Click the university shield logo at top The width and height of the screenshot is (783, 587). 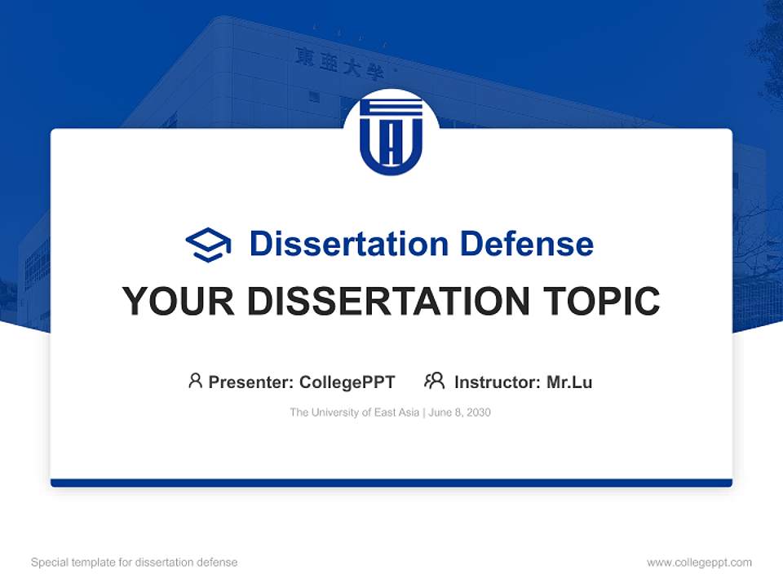tap(391, 135)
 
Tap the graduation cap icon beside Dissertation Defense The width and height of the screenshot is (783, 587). tap(208, 244)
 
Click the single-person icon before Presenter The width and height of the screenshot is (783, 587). tap(195, 381)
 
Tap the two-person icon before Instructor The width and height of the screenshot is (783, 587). tap(434, 381)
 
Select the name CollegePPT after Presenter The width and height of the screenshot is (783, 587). tap(347, 382)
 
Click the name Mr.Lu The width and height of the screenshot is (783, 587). tap(569, 382)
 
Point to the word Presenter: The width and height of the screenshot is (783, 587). tap(252, 382)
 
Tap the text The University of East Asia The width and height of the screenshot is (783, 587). tap(354, 413)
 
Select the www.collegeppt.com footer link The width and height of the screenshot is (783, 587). tap(699, 563)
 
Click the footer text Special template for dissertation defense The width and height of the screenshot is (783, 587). tap(135, 563)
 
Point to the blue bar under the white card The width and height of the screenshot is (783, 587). tap(391, 483)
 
